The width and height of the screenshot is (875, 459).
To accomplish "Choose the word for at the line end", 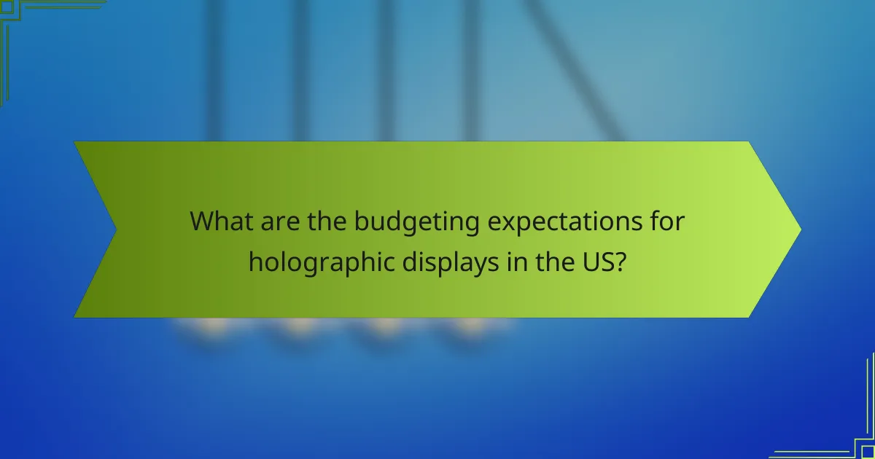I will [665, 221].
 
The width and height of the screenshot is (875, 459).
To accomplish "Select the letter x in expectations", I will [502, 223].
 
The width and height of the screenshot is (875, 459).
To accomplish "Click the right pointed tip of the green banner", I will [800, 229].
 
